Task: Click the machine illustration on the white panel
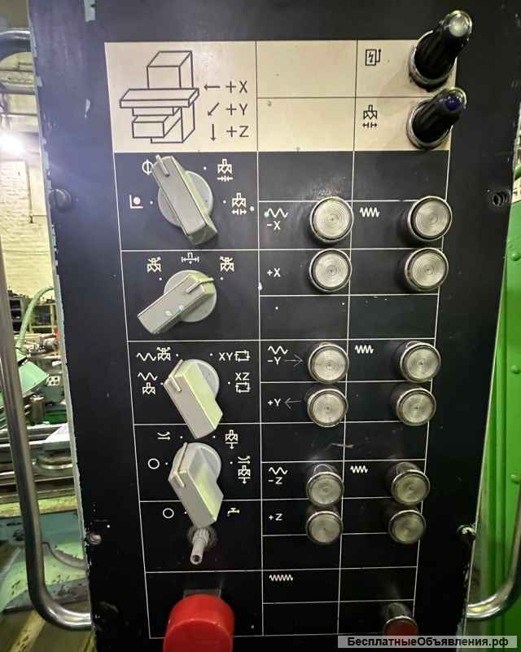click(x=160, y=97)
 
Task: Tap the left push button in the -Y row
click(x=328, y=363)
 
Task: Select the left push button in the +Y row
click(x=327, y=405)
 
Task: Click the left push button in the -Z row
click(x=324, y=486)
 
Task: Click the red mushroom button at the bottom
click(x=199, y=623)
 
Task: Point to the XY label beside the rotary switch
click(x=225, y=356)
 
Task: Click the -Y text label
click(x=275, y=360)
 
